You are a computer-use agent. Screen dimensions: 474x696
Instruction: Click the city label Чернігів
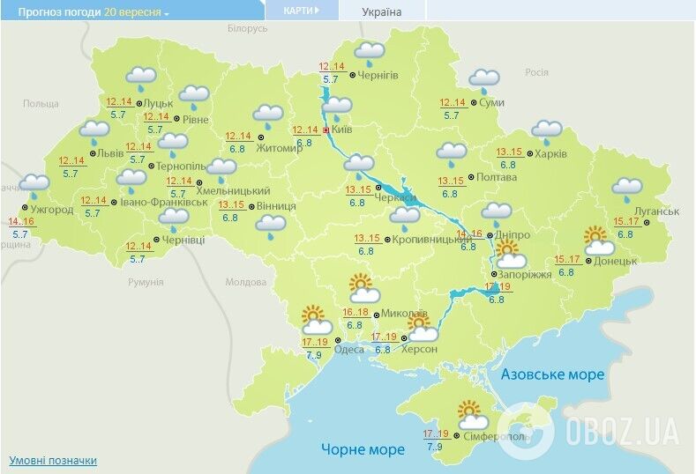point(378,76)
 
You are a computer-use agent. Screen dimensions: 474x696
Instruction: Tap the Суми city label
point(493,103)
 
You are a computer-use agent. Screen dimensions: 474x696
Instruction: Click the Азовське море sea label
point(552,374)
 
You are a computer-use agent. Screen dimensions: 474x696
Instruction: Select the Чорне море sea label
point(363,449)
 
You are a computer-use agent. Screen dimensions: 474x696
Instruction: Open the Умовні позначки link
point(53,460)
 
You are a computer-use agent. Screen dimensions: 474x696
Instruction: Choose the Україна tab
point(382,12)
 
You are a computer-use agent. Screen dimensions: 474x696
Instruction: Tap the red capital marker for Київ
point(326,130)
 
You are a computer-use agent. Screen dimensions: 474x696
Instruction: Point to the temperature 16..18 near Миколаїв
point(355,313)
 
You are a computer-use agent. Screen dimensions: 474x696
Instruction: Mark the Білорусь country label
point(247,29)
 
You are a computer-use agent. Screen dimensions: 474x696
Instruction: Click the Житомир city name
point(279,148)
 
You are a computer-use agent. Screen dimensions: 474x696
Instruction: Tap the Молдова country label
point(245,283)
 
